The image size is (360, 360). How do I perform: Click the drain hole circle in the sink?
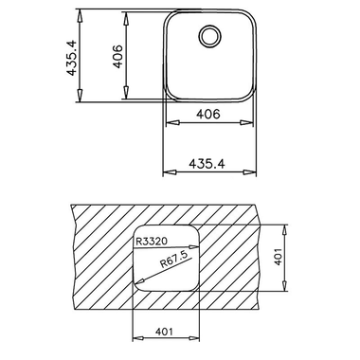(207, 38)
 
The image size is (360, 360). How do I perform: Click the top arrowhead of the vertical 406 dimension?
(125, 15)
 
